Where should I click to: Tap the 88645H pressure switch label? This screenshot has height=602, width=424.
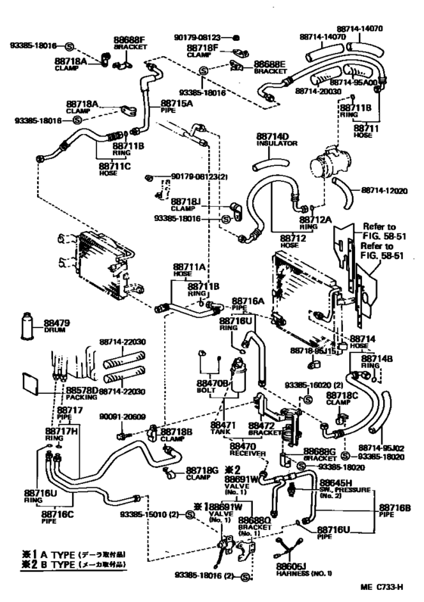tap(335, 487)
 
